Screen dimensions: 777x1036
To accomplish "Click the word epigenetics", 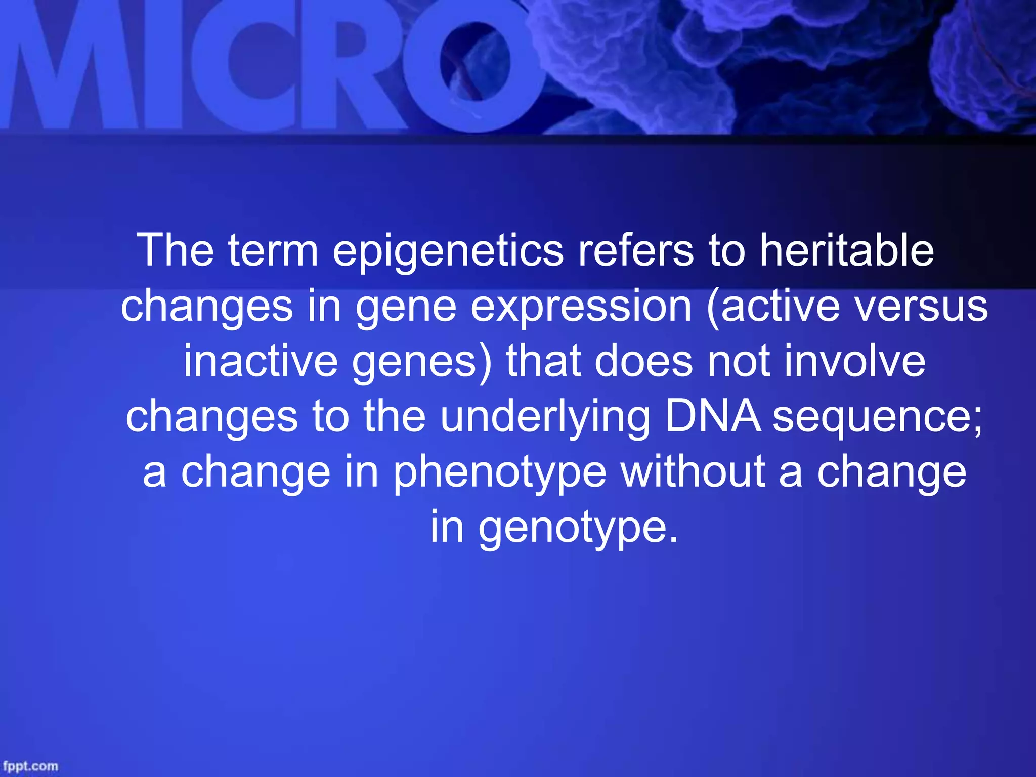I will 448,251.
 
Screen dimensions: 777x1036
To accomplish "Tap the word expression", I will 581,307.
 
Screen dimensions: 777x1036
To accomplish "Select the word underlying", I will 545,417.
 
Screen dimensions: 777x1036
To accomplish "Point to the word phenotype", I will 500,473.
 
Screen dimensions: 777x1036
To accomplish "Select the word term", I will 273,251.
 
